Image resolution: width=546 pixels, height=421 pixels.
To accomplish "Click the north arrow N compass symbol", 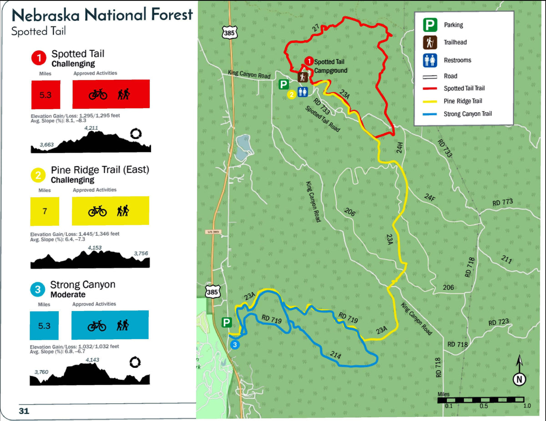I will [519, 379].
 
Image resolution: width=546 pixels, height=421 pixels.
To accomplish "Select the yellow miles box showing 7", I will [44, 211].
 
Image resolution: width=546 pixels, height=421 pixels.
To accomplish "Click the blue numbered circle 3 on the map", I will [235, 345].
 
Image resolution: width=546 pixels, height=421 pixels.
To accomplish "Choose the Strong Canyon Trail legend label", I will [467, 114].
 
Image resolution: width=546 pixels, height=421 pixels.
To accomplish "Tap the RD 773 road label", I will [502, 202].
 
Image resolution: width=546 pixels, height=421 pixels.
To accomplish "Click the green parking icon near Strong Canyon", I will [227, 322].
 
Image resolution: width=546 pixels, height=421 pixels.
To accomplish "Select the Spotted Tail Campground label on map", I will [330, 66].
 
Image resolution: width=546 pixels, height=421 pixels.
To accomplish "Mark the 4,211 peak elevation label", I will [91, 128].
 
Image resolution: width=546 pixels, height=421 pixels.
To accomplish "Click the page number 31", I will [24, 411].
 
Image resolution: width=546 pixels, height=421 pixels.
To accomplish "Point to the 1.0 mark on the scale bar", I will [526, 406].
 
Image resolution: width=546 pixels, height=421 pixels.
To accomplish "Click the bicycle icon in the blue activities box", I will [96, 326].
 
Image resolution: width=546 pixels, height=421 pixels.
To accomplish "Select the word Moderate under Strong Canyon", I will [67, 294].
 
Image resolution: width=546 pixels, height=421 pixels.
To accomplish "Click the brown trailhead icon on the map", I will [302, 78].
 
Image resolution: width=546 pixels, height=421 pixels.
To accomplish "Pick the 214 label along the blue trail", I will [335, 356].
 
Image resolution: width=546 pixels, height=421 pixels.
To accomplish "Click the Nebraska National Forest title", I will [102, 15].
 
